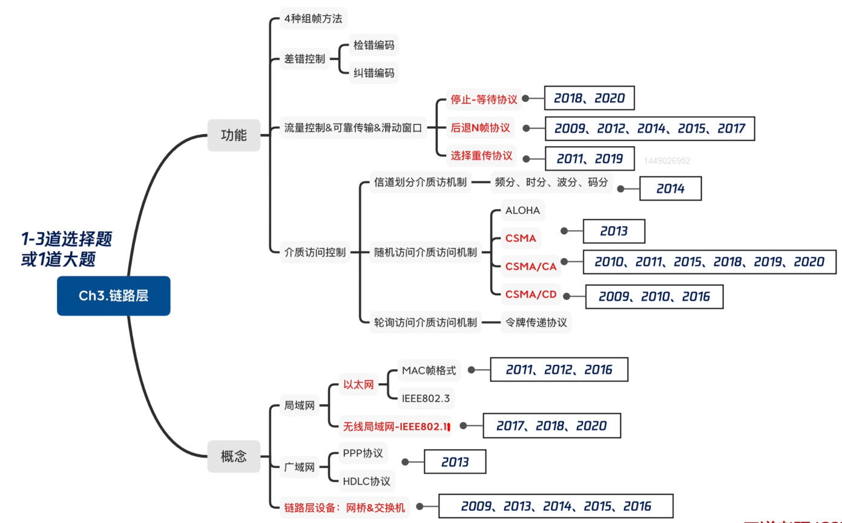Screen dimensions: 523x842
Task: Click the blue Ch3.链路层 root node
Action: pyautogui.click(x=114, y=296)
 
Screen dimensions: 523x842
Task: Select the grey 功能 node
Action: pyautogui.click(x=234, y=135)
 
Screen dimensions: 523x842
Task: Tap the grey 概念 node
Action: pyautogui.click(x=234, y=456)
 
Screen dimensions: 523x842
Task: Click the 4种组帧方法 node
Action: pyautogui.click(x=313, y=19)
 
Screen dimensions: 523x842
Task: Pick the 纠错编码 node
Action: pyautogui.click(x=374, y=73)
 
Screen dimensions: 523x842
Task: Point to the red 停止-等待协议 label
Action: pyautogui.click(x=484, y=99)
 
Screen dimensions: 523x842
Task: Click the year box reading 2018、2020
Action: pyautogui.click(x=589, y=98)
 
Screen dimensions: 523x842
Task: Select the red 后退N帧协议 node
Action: pyautogui.click(x=481, y=128)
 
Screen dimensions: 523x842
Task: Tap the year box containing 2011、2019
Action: pyautogui.click(x=590, y=159)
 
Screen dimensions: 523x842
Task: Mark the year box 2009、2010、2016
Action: pyautogui.click(x=654, y=296)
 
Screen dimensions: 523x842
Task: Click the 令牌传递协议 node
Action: pyautogui.click(x=536, y=322)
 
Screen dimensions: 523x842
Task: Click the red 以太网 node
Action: pyautogui.click(x=359, y=384)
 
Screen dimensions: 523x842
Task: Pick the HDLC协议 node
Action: pyautogui.click(x=366, y=481)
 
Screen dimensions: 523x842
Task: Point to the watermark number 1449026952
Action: pyautogui.click(x=667, y=161)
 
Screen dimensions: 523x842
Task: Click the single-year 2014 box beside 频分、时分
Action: pyautogui.click(x=670, y=188)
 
